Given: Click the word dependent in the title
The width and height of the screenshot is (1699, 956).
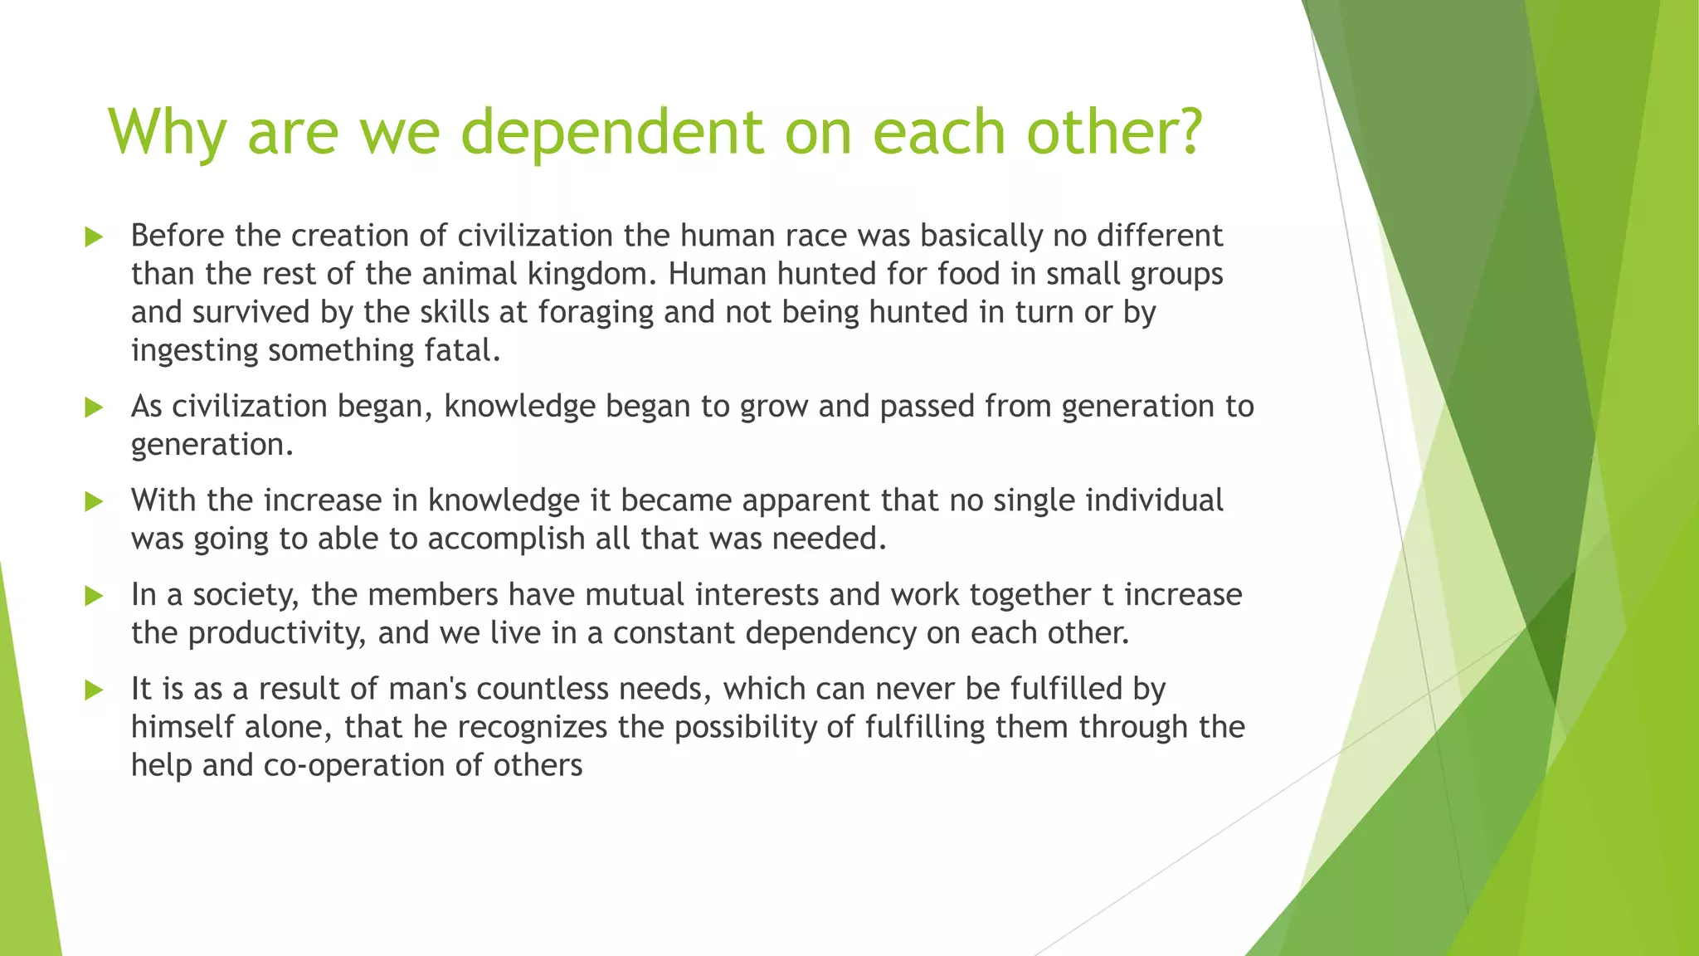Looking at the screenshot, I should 611,133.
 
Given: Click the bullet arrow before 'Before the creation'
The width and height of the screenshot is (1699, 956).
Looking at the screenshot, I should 94,237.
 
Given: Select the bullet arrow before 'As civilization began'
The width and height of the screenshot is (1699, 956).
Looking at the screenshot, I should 94,407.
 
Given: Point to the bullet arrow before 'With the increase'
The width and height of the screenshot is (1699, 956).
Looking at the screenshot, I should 94,502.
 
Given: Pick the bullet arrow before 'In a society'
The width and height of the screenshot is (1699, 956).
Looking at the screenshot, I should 94,596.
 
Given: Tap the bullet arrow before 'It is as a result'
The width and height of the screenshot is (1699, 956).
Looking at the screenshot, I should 94,690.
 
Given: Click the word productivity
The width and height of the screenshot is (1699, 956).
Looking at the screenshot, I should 277,634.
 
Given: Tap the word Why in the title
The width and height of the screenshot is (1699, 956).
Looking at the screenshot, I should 167,133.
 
